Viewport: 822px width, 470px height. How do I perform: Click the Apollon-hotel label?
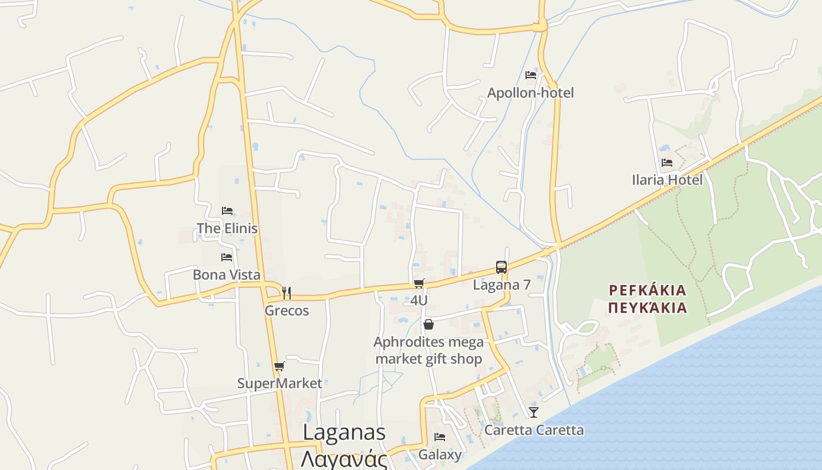(530, 93)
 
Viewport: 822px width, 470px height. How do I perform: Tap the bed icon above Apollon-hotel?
(531, 75)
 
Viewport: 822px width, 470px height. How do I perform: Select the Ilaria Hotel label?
(667, 180)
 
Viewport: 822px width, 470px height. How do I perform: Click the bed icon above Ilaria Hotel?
(666, 163)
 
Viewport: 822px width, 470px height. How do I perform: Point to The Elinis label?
(227, 228)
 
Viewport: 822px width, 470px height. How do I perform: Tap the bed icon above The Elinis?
(227, 211)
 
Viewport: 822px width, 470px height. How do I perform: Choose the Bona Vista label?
(227, 274)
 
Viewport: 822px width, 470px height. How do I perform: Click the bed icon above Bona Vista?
(227, 257)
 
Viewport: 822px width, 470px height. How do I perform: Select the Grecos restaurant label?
(287, 310)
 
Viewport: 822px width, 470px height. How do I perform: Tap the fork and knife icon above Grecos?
(287, 293)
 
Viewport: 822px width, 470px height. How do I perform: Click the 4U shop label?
(419, 300)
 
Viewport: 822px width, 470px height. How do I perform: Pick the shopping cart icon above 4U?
(419, 284)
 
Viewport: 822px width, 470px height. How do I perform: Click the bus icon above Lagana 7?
(501, 267)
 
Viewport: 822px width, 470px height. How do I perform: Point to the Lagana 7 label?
(502, 285)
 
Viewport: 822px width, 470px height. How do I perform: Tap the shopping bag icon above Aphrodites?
(429, 324)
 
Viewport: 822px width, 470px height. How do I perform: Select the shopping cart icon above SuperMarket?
(279, 367)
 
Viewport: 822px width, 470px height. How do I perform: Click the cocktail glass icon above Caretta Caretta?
(534, 412)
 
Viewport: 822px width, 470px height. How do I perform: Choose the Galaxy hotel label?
(440, 455)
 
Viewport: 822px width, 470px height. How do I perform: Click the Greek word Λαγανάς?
(344, 458)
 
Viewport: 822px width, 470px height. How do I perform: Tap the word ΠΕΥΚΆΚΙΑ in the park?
(647, 308)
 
